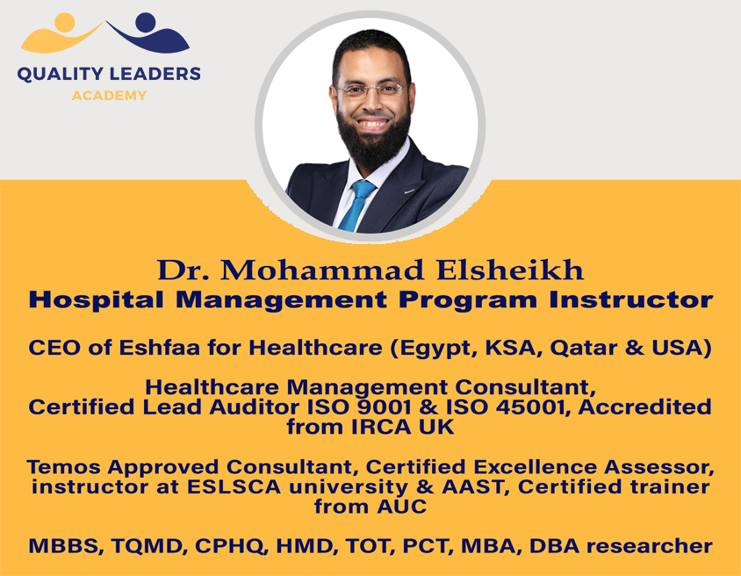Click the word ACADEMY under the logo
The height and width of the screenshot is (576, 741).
[109, 96]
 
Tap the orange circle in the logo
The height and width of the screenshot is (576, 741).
[64, 23]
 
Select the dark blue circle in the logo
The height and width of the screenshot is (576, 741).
[145, 23]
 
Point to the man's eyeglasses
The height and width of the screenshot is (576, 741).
[371, 90]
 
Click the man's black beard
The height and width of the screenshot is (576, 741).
[373, 137]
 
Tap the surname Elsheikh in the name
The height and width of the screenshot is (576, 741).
[510, 270]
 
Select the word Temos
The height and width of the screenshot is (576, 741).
[63, 467]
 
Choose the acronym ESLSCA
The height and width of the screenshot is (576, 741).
[234, 486]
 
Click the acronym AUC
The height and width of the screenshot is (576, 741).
[402, 507]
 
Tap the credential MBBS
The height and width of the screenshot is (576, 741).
[66, 546]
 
